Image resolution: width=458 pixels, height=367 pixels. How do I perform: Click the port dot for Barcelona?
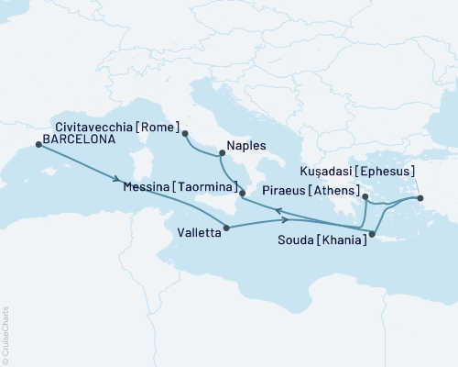pyautogui.click(x=38, y=144)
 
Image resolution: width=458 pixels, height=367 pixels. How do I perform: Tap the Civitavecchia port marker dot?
pyautogui.click(x=185, y=134)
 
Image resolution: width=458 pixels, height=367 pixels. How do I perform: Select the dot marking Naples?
pyautogui.click(x=222, y=154)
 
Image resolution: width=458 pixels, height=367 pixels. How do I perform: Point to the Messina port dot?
pyautogui.click(x=242, y=194)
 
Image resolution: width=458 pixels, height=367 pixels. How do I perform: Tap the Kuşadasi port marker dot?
pyautogui.click(x=420, y=198)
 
